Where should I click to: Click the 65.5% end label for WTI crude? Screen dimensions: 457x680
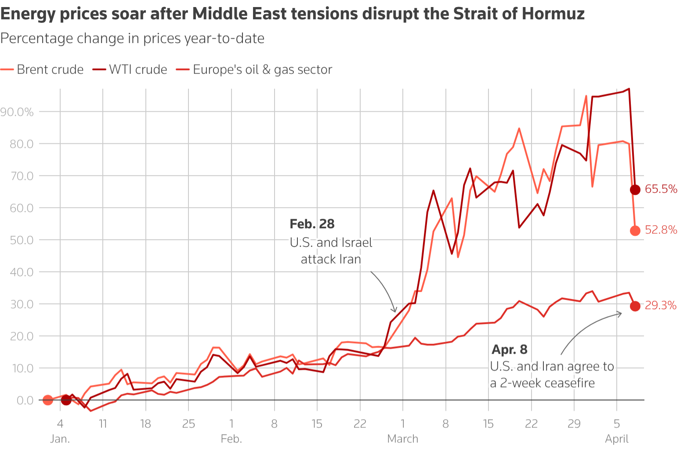[661, 189]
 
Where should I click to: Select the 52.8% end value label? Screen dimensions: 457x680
[661, 230]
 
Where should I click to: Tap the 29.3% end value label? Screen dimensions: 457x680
[660, 306]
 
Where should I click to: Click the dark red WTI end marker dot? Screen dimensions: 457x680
[635, 190]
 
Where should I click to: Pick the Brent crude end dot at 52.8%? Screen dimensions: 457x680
[635, 230]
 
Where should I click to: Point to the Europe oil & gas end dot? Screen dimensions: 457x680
[635, 306]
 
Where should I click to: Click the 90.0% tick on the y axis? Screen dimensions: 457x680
[17, 112]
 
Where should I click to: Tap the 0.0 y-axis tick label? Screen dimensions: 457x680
[25, 400]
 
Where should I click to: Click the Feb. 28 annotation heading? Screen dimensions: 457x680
[312, 224]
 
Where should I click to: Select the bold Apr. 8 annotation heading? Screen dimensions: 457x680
[509, 350]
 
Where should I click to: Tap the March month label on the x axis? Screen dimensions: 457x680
[402, 439]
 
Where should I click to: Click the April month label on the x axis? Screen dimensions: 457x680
[617, 439]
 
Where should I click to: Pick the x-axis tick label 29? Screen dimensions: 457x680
[574, 424]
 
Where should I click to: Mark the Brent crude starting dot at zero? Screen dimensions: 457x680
[48, 400]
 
